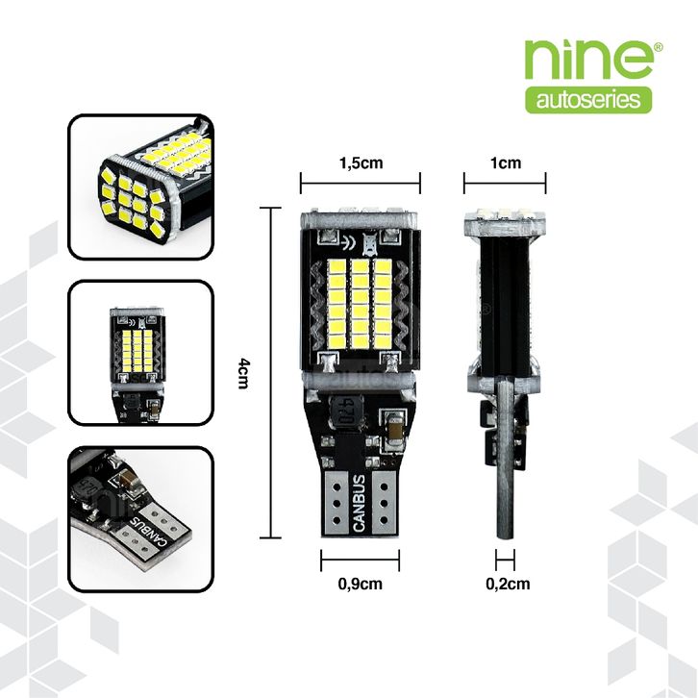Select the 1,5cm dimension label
click(361, 162)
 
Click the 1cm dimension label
click(505, 162)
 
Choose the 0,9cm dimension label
click(361, 584)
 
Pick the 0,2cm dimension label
click(505, 584)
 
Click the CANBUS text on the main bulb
click(359, 501)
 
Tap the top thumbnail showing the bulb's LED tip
click(140, 187)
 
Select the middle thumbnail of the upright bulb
click(140, 353)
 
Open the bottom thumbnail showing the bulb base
click(140, 519)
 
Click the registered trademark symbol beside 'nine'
click(658, 45)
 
